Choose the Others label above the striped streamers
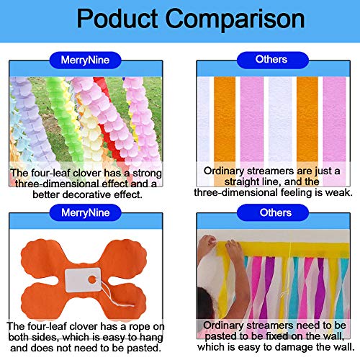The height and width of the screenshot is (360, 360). click(271, 60)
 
